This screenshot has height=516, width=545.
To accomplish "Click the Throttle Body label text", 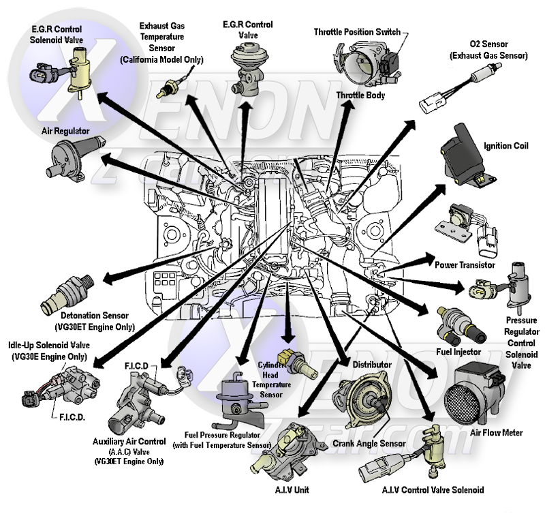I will tap(360, 96).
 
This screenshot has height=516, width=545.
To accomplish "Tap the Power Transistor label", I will tap(465, 264).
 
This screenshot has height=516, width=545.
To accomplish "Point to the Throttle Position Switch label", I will tap(357, 32).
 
